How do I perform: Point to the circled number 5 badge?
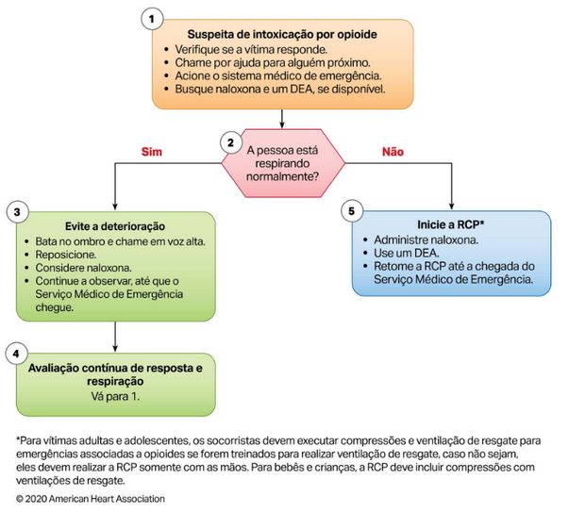click(x=351, y=211)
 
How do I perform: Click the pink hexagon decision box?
click(x=282, y=156)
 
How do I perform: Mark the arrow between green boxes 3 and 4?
click(x=114, y=332)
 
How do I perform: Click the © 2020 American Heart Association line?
click(x=90, y=498)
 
